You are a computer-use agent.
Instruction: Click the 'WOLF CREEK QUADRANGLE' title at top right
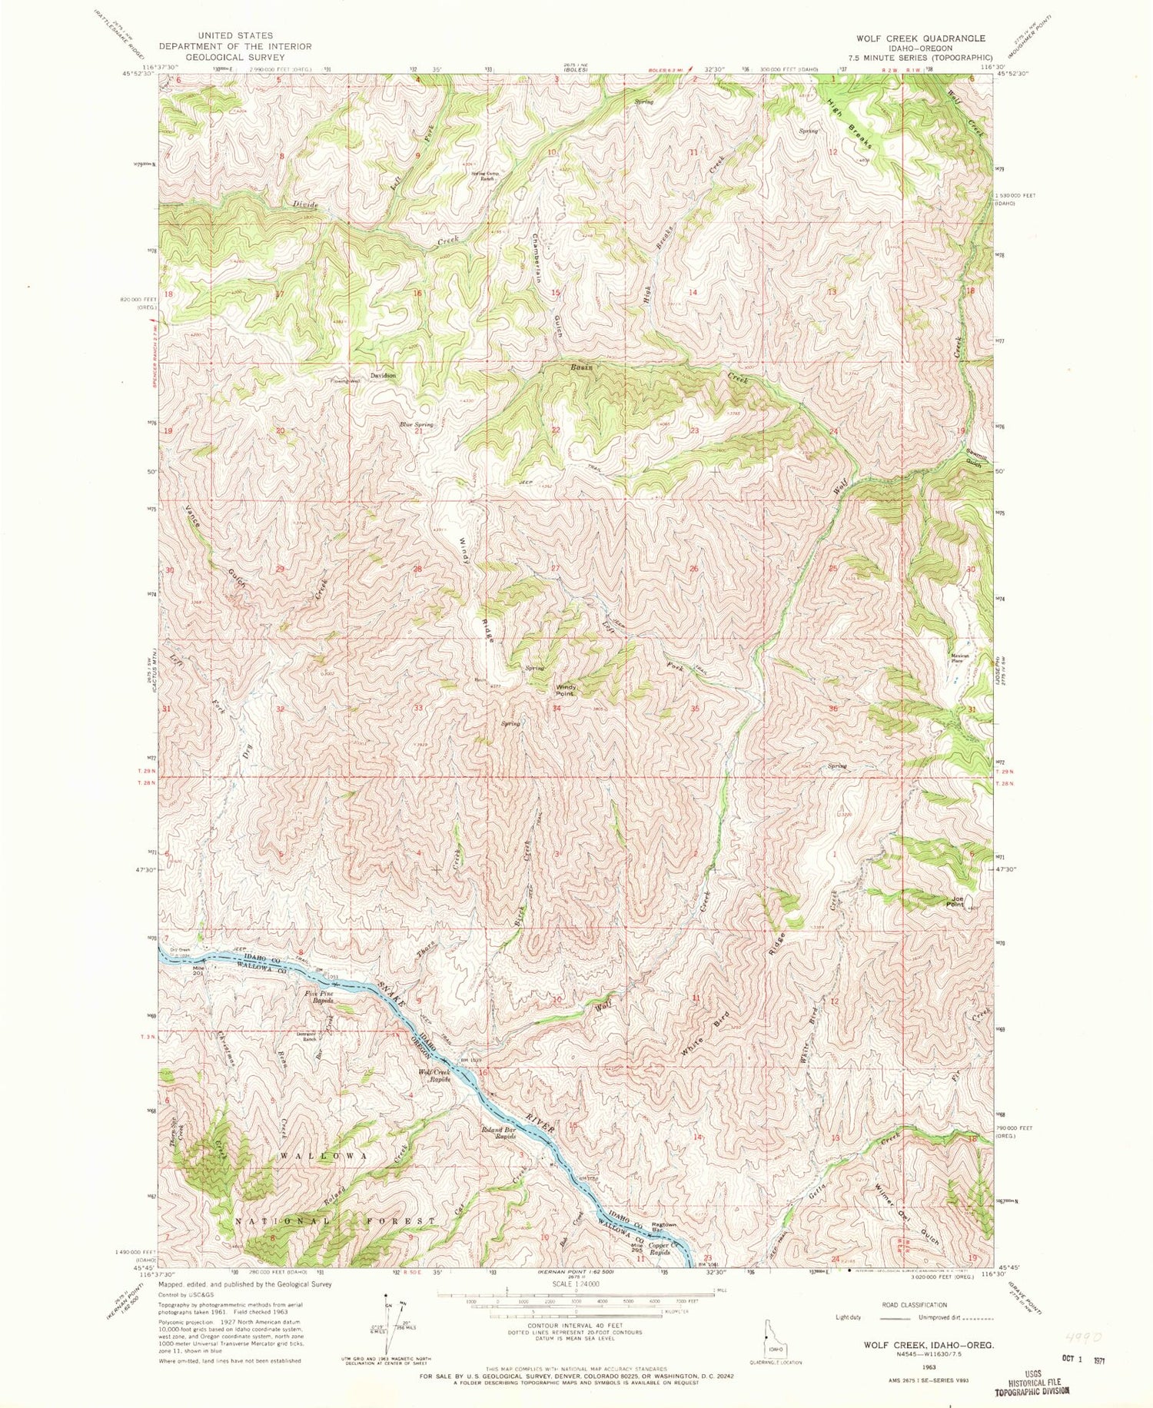[x=914, y=38]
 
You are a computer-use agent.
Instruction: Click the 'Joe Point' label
[x=956, y=901]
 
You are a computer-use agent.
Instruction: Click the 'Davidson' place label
[x=383, y=376]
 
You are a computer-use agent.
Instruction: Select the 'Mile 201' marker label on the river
[x=198, y=971]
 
